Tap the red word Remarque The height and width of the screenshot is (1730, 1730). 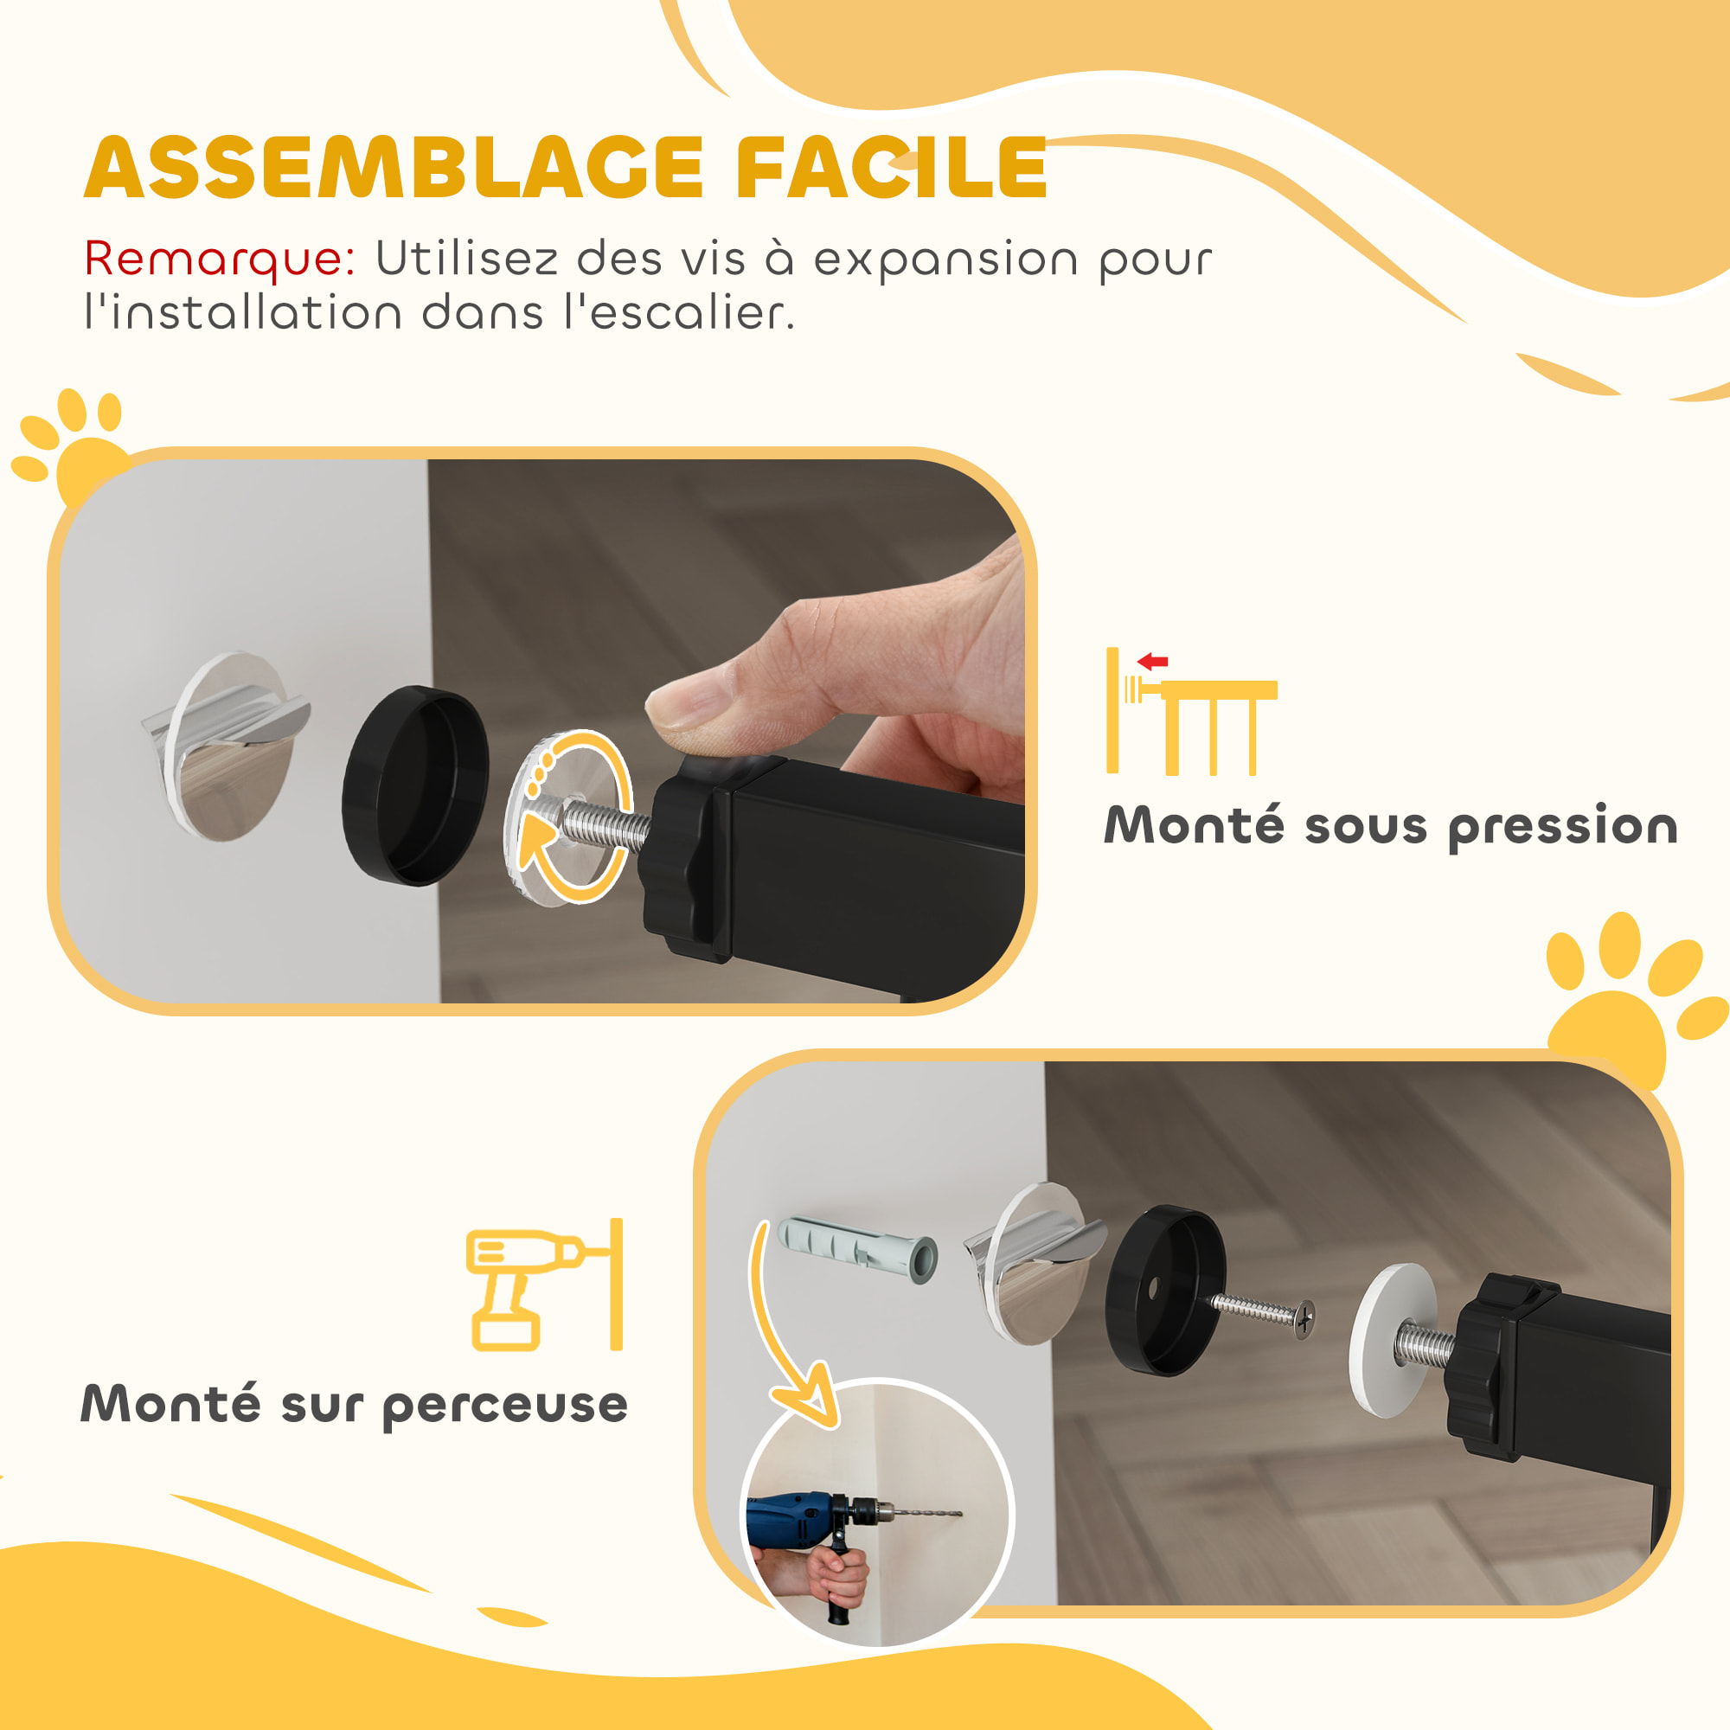coord(220,259)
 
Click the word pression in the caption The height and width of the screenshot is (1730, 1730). coord(1562,825)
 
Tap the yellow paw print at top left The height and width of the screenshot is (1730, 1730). coord(76,448)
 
